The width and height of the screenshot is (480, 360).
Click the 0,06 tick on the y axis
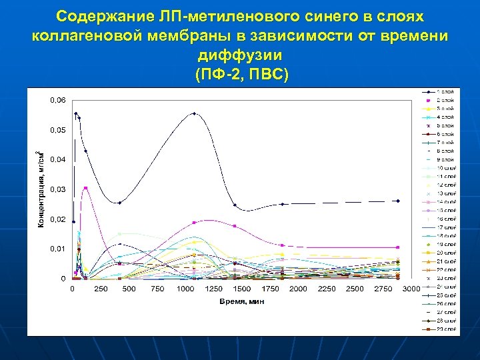point(58,100)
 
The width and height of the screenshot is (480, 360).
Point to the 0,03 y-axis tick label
point(58,189)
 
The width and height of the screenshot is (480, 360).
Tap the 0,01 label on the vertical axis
point(58,249)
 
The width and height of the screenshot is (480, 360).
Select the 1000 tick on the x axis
point(185,289)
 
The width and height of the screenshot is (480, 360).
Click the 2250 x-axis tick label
point(326,289)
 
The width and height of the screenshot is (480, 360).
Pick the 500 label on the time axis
point(129,289)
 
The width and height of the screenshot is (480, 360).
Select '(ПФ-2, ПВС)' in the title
point(239,73)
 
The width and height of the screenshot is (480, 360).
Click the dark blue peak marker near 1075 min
point(194,113)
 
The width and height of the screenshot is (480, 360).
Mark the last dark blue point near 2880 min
point(398,201)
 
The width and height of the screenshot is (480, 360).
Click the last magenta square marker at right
point(398,247)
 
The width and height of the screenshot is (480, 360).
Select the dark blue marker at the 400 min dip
point(119,203)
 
